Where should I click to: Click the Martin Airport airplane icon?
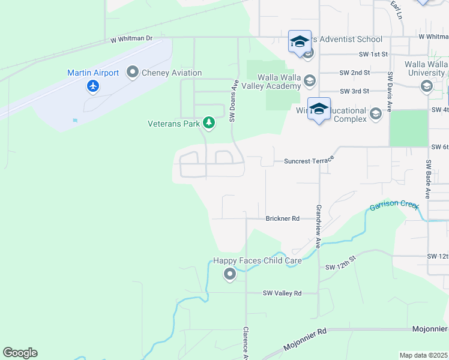(x=92, y=86)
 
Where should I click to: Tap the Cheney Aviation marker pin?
(x=132, y=73)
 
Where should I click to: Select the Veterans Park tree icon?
(x=208, y=123)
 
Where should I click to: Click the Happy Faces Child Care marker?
(x=229, y=274)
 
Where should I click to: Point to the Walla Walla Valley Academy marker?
(x=310, y=80)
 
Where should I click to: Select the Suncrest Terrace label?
(x=307, y=161)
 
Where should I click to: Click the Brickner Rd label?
(x=282, y=219)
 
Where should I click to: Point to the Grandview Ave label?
(x=318, y=226)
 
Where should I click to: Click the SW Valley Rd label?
(x=282, y=293)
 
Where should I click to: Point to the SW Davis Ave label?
(x=390, y=92)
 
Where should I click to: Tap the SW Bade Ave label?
(x=428, y=179)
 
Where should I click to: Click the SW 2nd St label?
(x=354, y=73)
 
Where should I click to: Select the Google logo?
(x=20, y=353)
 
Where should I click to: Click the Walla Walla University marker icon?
(x=426, y=86)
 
